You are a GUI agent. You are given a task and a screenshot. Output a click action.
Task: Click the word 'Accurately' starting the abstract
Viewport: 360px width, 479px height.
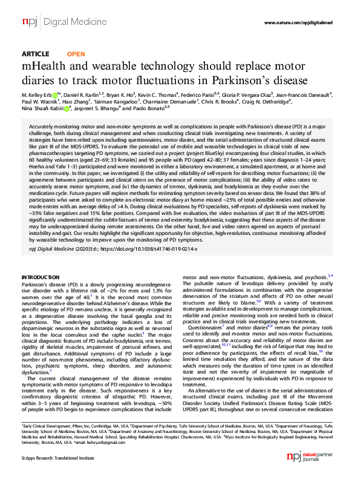pyautogui.click(x=42, y=122)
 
